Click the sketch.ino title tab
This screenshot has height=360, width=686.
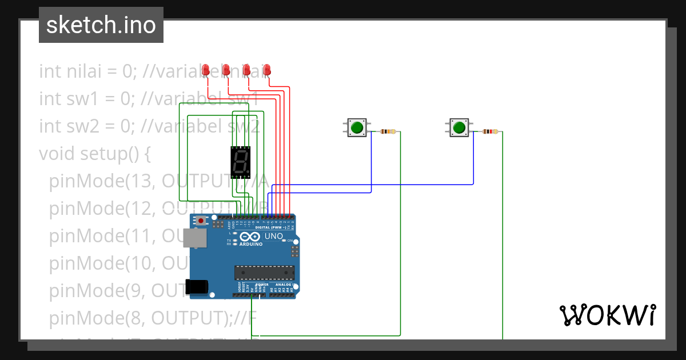(x=101, y=25)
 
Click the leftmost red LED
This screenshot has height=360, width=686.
(x=206, y=70)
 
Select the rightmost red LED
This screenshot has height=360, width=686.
(x=267, y=70)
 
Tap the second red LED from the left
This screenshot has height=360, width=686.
(x=226, y=70)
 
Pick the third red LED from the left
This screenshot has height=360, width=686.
(x=247, y=70)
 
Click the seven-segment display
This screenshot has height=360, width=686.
(x=241, y=162)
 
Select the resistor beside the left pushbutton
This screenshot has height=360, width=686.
(x=388, y=132)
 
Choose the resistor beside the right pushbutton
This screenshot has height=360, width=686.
(x=490, y=132)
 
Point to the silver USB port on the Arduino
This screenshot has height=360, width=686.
(x=194, y=238)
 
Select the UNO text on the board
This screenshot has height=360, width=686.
(x=274, y=236)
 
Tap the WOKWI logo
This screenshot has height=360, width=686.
(x=607, y=315)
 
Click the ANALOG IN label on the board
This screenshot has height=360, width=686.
(x=284, y=285)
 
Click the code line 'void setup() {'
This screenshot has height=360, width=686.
(x=94, y=154)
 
